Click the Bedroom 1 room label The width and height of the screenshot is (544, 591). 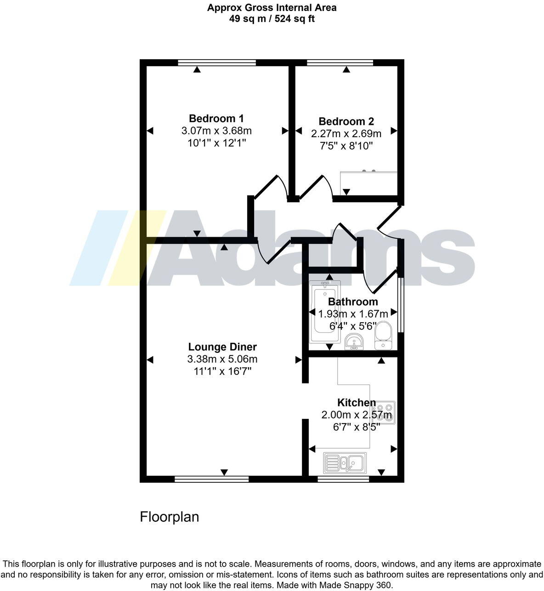click(216, 118)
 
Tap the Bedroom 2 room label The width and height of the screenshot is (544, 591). click(346, 122)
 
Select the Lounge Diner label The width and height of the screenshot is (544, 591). click(222, 347)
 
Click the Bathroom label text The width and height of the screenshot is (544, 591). click(353, 301)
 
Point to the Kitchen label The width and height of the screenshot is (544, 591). click(357, 402)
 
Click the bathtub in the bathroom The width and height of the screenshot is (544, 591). click(324, 312)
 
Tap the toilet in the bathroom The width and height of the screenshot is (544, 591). click(383, 335)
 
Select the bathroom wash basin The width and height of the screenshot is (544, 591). click(354, 341)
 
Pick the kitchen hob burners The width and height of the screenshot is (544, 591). click(386, 413)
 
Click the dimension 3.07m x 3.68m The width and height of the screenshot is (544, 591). click(216, 131)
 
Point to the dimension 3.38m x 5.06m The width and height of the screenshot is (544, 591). click(222, 359)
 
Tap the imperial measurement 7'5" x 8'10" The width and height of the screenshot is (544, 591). click(346, 146)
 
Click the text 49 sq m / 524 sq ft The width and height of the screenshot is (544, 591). click(272, 19)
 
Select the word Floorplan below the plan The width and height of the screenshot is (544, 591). click(170, 517)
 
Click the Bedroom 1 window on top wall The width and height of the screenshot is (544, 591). click(216, 63)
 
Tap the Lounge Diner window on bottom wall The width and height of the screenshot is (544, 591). click(212, 479)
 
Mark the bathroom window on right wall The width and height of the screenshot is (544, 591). click(401, 304)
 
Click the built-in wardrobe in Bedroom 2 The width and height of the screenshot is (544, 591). click(368, 183)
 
